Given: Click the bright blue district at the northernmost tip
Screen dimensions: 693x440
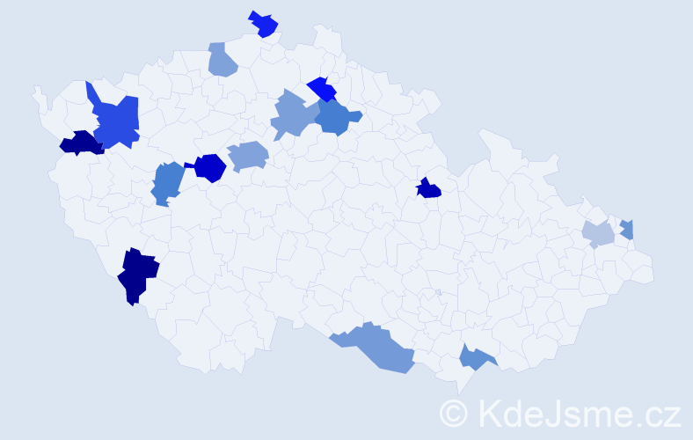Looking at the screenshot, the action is click(264, 24).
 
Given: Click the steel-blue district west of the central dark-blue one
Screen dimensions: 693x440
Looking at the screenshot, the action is click(167, 182).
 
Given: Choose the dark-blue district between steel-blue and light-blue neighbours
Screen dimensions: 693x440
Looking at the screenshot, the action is click(210, 167).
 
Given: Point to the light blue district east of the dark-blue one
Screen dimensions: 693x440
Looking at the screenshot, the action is click(248, 156).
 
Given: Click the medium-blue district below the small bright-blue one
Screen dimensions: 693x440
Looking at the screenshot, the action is click(336, 117).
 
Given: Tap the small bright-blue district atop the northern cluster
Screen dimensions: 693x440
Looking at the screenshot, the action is click(322, 89).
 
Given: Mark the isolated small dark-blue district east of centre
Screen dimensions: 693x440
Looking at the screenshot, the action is click(428, 188).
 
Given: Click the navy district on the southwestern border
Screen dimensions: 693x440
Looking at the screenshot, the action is click(137, 274).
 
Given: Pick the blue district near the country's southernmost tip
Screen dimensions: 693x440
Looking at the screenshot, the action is click(475, 356).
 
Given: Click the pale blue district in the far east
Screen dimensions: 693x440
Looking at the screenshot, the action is click(598, 234).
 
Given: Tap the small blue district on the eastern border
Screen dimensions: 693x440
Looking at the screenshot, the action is click(627, 229).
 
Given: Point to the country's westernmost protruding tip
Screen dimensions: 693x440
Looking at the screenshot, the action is click(36, 92).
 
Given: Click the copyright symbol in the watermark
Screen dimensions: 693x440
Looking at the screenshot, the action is click(454, 412).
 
